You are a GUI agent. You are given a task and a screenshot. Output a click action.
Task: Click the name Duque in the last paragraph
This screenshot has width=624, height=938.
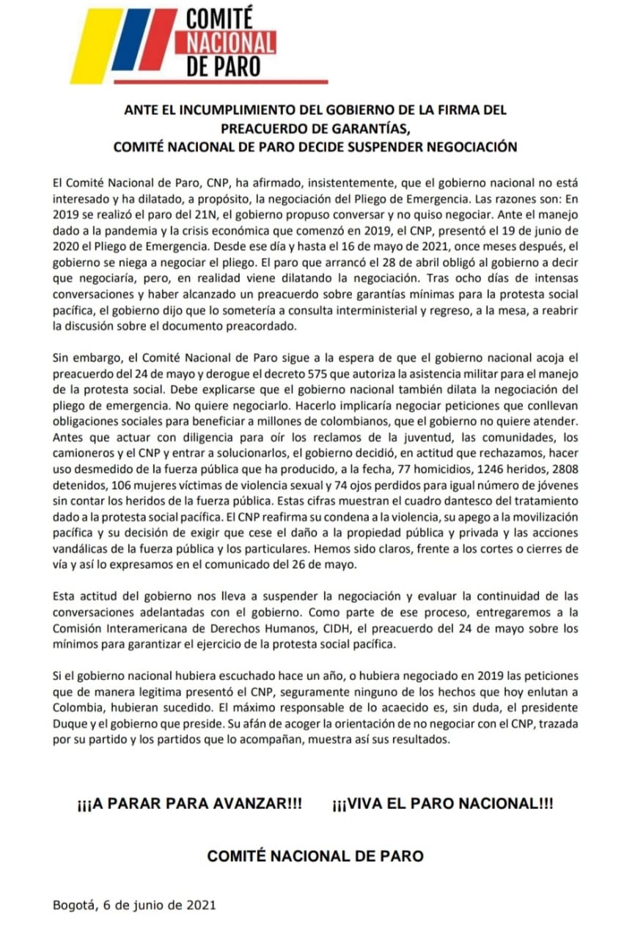pos(70,723)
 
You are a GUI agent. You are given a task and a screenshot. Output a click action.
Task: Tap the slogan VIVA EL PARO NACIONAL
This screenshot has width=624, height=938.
pos(442,803)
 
